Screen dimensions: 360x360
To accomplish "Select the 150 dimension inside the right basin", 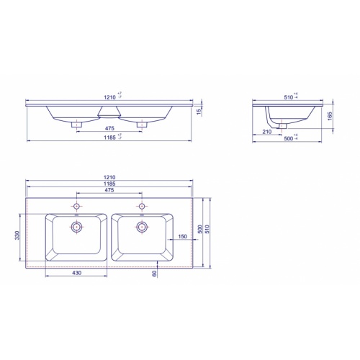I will click(x=182, y=235).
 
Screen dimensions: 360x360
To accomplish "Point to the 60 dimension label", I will click(x=154, y=273).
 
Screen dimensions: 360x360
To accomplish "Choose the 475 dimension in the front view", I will click(x=109, y=128).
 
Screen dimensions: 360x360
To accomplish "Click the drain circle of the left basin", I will click(x=76, y=227).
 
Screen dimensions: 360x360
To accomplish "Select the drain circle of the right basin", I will click(x=142, y=227).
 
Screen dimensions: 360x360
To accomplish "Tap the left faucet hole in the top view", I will click(x=76, y=206).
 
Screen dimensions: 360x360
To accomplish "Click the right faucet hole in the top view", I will click(x=142, y=206).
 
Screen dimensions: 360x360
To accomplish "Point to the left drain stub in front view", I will click(x=76, y=123).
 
